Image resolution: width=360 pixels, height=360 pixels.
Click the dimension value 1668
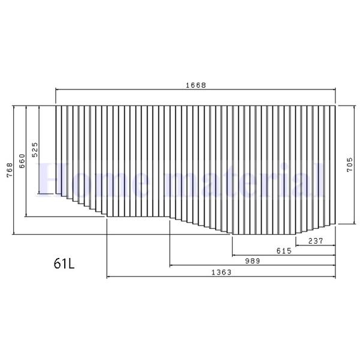point(196,85)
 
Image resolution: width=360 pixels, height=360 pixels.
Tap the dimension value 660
point(22,161)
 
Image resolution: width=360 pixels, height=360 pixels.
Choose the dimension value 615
point(284,251)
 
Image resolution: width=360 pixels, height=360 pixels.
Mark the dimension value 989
point(252,261)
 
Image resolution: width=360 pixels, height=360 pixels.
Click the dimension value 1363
point(221,272)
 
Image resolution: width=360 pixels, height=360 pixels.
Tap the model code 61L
point(63,263)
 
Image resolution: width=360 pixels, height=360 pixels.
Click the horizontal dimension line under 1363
point(180,277)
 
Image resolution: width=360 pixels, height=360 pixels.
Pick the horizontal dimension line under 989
point(210,265)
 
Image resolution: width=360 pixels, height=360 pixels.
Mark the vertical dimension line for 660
point(26,192)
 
